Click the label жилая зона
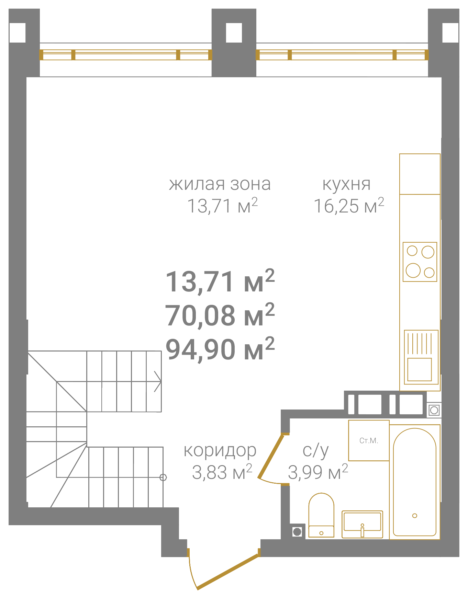click(x=220, y=184)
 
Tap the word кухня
click(x=346, y=184)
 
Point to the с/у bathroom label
click(x=315, y=451)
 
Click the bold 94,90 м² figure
click(x=220, y=349)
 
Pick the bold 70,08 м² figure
click(x=220, y=315)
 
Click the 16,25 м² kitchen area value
click(x=349, y=206)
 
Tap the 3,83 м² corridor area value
click(x=222, y=472)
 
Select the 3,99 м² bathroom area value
click(x=318, y=472)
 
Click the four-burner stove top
click(x=420, y=262)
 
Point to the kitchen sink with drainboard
click(x=421, y=357)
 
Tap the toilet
click(x=321, y=515)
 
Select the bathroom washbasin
click(x=362, y=524)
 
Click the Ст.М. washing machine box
click(x=369, y=440)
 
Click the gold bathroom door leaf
click(x=271, y=456)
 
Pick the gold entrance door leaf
click(x=228, y=571)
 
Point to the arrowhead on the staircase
click(x=158, y=381)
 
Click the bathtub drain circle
click(x=415, y=516)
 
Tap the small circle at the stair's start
click(x=163, y=477)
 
